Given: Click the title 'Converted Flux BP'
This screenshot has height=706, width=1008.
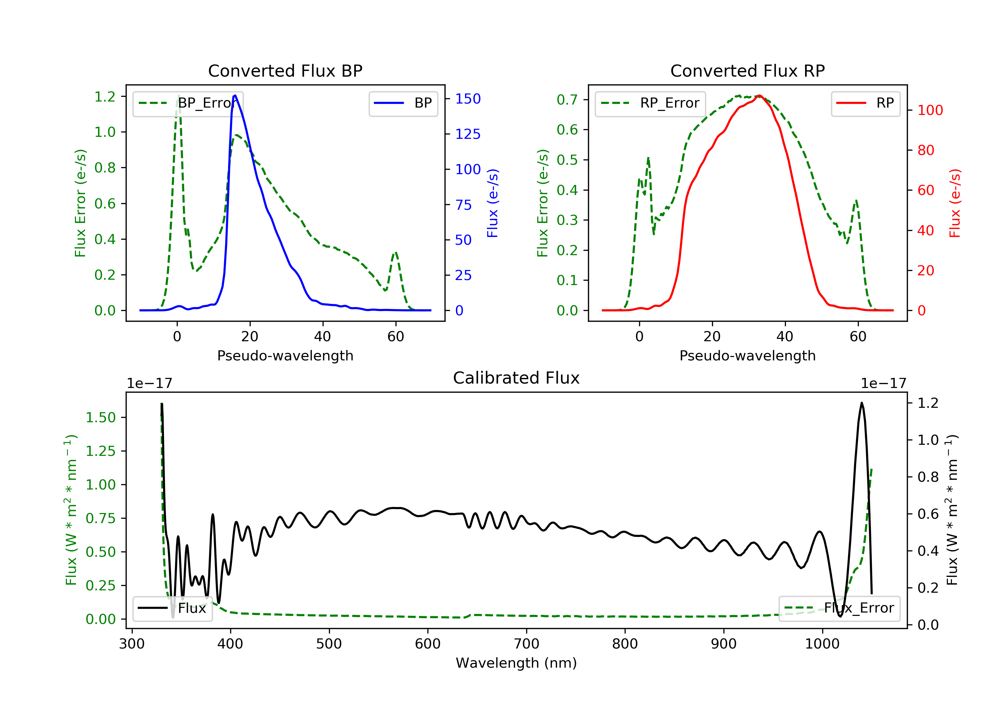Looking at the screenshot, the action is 285,71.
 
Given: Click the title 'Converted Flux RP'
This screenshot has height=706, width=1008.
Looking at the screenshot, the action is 747,71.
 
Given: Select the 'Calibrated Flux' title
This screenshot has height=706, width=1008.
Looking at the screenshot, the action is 516,378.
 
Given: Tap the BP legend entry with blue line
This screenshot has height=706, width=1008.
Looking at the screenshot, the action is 403,103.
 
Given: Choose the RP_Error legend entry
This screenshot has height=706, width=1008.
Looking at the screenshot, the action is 650,103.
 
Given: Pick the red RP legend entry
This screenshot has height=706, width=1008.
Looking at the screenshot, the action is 865,103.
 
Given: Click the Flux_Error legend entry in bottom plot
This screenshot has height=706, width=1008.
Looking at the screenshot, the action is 839,608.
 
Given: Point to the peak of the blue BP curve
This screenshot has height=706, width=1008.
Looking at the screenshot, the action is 235,95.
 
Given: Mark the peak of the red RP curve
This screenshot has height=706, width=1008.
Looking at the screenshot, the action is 759,95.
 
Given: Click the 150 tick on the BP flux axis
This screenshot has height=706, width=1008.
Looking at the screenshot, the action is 468,99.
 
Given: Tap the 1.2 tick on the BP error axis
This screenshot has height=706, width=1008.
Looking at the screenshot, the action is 105,96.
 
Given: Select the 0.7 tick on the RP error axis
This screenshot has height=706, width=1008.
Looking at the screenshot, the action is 567,100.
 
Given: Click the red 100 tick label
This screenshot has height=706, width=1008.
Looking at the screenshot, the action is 930,110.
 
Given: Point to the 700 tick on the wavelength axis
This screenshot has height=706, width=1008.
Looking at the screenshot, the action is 526,643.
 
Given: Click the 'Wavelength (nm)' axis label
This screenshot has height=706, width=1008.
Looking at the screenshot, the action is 516,663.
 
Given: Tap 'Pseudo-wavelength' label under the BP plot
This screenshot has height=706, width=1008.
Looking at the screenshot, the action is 285,355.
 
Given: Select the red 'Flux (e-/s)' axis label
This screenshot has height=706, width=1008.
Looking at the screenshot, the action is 955,203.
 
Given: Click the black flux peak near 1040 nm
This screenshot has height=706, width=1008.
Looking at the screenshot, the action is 862,403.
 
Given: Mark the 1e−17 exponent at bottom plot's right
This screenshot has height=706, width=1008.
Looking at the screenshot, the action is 883,384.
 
